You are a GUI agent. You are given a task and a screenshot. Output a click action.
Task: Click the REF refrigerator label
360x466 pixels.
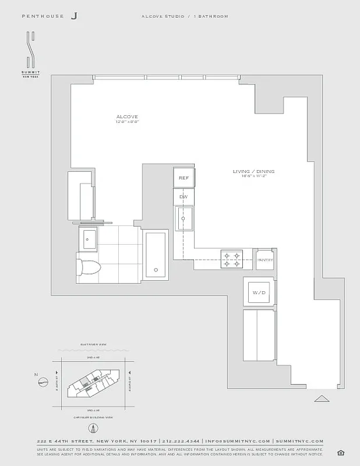tap(183, 178)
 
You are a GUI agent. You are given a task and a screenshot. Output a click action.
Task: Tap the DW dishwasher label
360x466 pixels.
tap(183, 197)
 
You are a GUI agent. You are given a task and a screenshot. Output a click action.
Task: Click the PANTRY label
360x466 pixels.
tap(265, 260)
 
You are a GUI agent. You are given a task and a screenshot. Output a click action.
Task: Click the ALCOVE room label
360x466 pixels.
tap(127, 116)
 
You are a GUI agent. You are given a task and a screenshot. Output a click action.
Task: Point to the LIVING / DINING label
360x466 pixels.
tap(253, 171)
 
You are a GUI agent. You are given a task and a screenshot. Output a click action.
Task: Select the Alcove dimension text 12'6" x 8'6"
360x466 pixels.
tap(127, 122)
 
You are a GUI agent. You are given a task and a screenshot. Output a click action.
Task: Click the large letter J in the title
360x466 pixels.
tap(74, 17)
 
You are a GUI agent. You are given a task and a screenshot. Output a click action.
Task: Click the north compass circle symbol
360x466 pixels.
tap(43, 382)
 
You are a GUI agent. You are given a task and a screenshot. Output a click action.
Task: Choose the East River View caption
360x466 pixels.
tap(94, 344)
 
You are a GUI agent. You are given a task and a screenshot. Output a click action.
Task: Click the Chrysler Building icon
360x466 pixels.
tap(93, 428)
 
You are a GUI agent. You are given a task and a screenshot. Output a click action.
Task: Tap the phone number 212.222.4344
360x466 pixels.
tap(181, 441)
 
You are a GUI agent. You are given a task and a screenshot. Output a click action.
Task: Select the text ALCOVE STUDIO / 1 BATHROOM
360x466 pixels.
tap(185, 16)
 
